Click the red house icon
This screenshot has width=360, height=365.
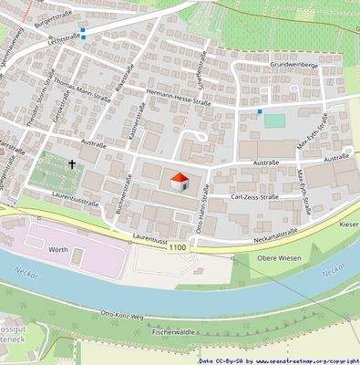pos(180,180)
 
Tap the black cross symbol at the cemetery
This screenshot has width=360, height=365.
pos(71,165)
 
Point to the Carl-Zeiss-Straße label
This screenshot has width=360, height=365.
pos(254,196)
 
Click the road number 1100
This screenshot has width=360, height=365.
pos(179,246)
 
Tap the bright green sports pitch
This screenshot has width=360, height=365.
pos(273,120)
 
